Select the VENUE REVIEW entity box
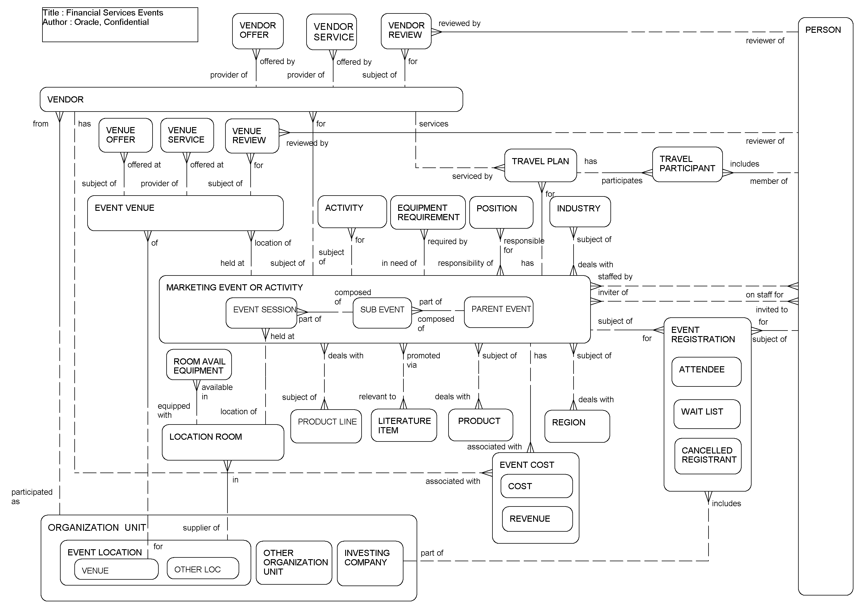[x=252, y=136]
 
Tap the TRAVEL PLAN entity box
[x=540, y=165]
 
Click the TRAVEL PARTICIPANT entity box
[x=687, y=165]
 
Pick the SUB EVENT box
[x=382, y=312]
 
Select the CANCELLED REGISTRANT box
[x=707, y=455]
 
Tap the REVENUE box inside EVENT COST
[x=537, y=518]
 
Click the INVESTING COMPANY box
[x=369, y=563]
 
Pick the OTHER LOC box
[x=202, y=568]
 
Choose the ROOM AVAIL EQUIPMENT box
[x=199, y=364]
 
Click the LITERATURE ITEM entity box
[x=403, y=425]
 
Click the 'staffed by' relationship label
[x=615, y=277]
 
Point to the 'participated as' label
[x=32, y=496]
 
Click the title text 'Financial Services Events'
[x=114, y=13]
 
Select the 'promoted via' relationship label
[x=423, y=360]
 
